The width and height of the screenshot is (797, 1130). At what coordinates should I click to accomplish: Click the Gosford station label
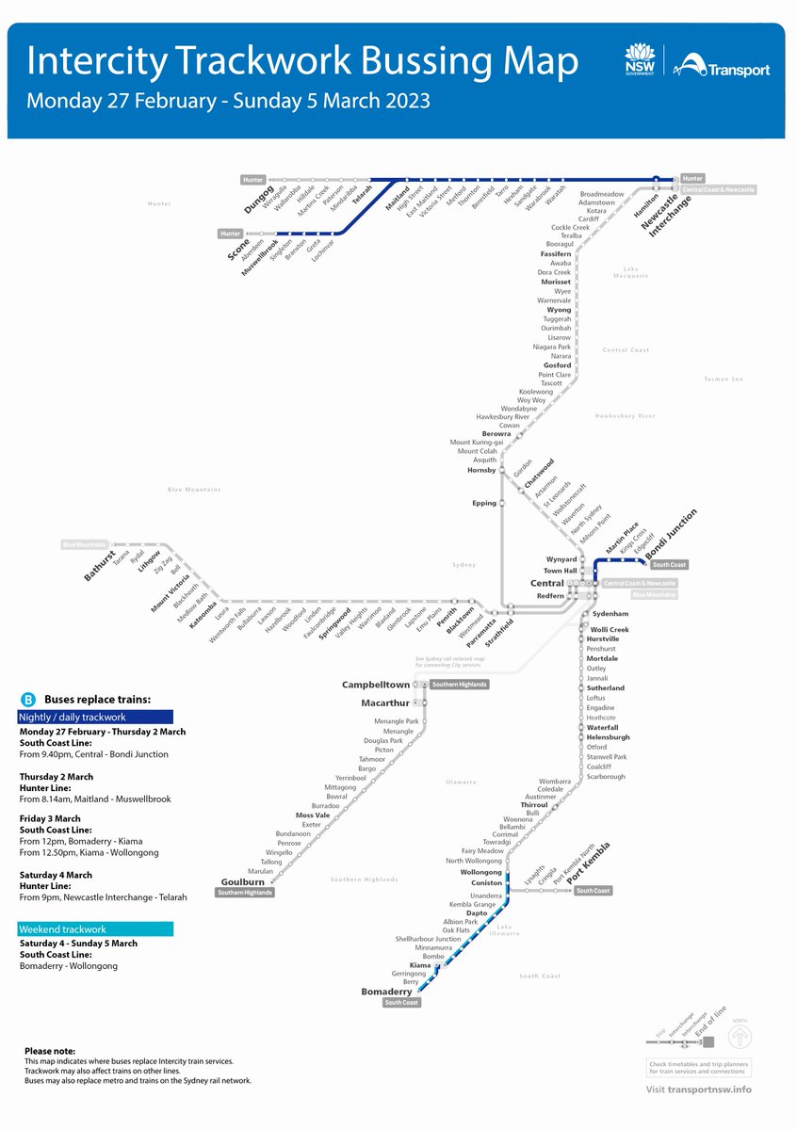(x=557, y=365)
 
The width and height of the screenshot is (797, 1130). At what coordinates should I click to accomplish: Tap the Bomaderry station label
(x=386, y=992)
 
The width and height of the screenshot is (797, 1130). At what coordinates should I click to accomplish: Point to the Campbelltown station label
(x=376, y=685)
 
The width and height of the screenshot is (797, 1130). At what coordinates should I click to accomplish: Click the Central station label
(x=546, y=584)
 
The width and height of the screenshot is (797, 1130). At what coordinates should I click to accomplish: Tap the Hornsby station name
(x=481, y=470)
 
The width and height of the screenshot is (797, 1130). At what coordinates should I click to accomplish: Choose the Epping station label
(x=484, y=503)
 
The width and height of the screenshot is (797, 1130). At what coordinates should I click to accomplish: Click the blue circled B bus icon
(x=27, y=700)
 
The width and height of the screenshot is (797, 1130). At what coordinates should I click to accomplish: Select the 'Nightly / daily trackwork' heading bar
(x=95, y=718)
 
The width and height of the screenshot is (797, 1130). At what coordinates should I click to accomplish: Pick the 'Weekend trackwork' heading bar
(x=95, y=929)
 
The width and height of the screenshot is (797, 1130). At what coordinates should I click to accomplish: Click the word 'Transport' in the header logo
(x=740, y=70)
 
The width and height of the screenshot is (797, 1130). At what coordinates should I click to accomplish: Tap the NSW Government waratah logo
(x=638, y=58)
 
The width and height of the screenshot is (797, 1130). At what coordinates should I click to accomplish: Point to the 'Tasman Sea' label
(x=724, y=379)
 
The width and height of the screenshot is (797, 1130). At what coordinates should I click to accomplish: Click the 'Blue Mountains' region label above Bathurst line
(x=194, y=490)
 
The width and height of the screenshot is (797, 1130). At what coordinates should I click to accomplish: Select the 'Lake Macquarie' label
(x=636, y=272)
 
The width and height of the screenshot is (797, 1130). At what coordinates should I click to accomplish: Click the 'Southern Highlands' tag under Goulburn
(x=245, y=893)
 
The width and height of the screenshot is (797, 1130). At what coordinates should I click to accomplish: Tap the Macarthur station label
(x=385, y=702)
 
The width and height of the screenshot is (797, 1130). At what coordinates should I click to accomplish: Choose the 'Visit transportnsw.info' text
(x=699, y=1090)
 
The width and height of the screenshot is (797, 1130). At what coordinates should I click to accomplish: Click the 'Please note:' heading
(x=50, y=1051)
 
